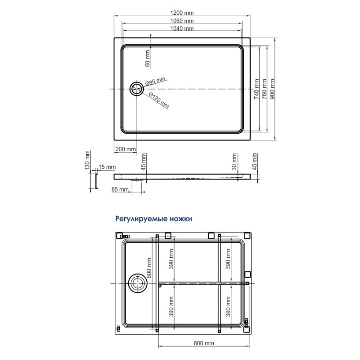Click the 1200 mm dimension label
(x=182, y=13)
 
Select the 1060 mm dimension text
(x=182, y=21)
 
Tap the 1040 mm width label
(x=182, y=28)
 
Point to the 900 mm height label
(x=272, y=89)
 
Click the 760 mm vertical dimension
(x=265, y=89)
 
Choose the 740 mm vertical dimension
(x=256, y=89)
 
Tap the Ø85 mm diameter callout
(x=155, y=81)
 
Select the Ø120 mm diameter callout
(x=159, y=100)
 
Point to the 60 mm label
(x=148, y=58)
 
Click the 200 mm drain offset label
(x=126, y=149)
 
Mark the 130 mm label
(x=87, y=160)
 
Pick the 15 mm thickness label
(x=107, y=167)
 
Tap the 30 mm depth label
(x=234, y=162)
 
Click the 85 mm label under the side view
(x=120, y=189)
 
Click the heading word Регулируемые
(x=141, y=219)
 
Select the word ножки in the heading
(x=181, y=219)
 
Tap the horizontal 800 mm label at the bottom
(x=204, y=343)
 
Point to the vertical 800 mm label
(x=149, y=268)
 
